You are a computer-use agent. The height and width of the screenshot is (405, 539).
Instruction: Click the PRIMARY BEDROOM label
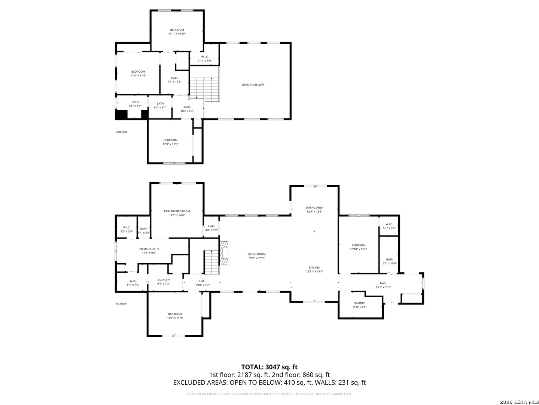pos(177,211)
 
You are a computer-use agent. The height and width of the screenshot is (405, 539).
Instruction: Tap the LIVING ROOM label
pos(256,254)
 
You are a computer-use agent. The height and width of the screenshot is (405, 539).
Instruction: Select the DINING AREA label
pos(314,208)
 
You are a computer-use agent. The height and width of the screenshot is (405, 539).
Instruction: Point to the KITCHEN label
pos(314,268)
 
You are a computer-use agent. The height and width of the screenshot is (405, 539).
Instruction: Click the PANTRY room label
pos(359,303)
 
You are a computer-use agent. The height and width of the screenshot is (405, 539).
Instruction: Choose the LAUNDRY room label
pos(164,280)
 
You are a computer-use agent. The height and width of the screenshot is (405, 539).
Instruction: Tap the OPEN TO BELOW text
pos(253,85)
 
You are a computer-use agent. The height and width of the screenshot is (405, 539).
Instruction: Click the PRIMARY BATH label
pos(149,249)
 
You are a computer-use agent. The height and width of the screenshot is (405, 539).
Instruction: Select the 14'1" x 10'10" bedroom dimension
pos(177,34)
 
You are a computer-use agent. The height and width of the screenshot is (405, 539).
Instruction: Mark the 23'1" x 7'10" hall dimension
pos(383,287)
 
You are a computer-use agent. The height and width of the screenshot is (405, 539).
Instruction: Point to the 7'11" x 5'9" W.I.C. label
pos(205,60)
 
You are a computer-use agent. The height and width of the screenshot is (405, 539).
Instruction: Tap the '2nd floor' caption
pos(121,132)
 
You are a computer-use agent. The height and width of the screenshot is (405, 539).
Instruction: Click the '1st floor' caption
pos(121,304)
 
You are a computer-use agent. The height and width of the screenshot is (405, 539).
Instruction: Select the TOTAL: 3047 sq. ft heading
pos(269,367)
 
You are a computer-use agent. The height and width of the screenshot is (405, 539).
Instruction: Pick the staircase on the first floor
pos(211,262)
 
